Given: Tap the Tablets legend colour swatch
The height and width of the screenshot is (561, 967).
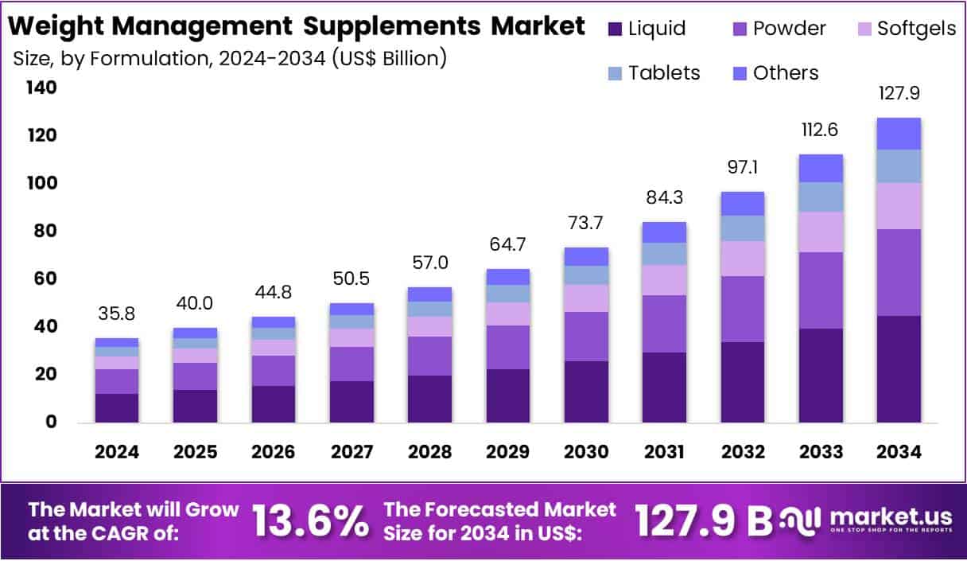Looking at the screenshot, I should coord(614,73).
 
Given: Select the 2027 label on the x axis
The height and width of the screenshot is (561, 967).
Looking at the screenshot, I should coord(351,452).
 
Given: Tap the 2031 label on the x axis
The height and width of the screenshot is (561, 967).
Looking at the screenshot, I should coord(664,452).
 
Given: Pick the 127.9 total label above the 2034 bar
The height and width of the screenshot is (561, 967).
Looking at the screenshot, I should coord(899,93).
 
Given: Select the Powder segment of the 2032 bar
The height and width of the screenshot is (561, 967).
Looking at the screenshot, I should coord(742,309).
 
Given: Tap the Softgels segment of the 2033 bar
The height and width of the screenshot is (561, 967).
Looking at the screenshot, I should coord(821,232).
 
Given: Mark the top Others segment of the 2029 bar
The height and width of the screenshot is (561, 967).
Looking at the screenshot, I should coord(507,276).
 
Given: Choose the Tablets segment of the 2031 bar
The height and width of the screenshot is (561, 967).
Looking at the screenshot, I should coord(664,254).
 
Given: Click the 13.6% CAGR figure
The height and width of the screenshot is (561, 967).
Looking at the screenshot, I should coord(310,521).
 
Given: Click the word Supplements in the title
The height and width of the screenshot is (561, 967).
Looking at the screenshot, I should coord(397,25).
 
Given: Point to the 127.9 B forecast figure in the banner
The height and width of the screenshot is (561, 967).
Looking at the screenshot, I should coord(704,521).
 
